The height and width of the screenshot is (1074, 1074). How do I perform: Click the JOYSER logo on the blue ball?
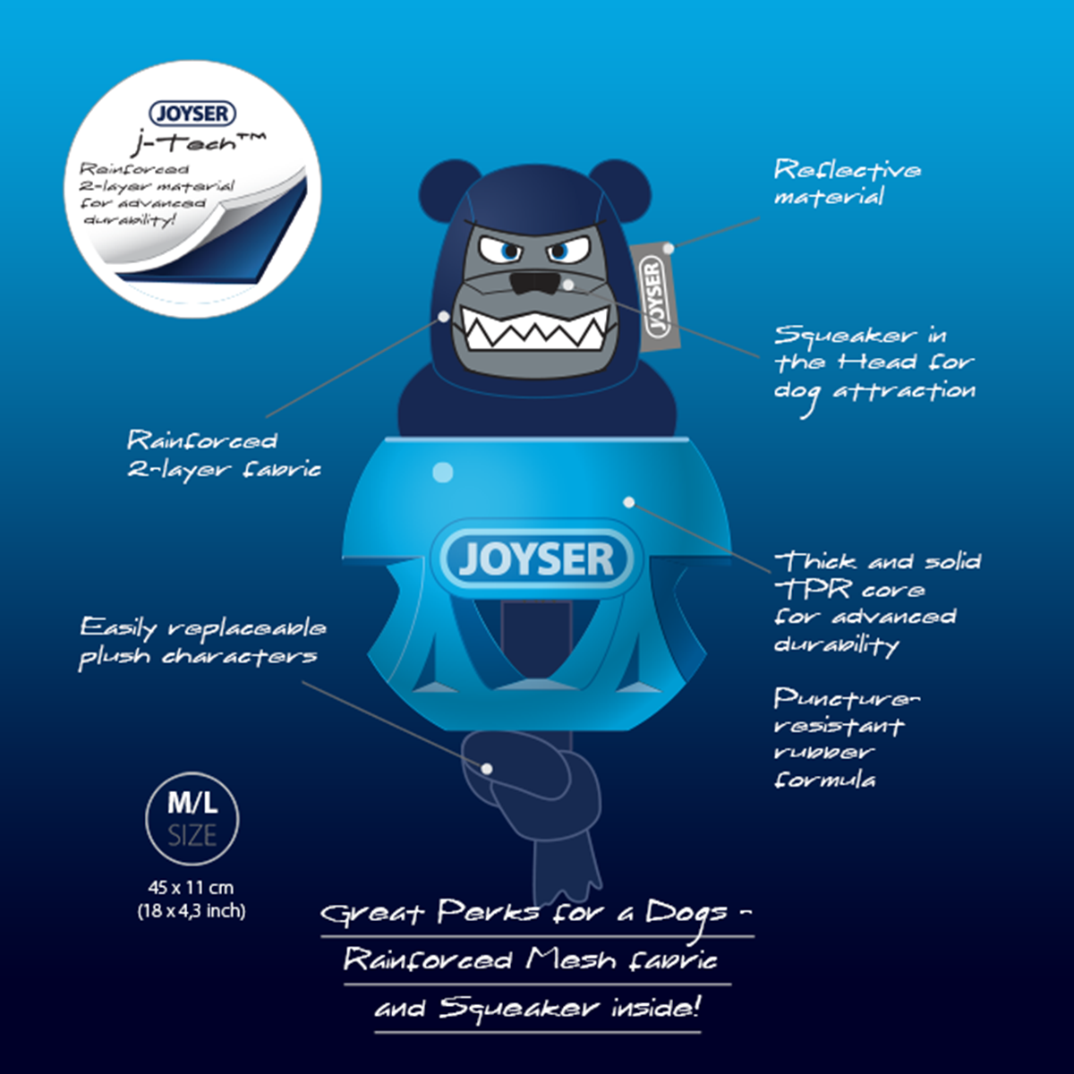pos(537,560)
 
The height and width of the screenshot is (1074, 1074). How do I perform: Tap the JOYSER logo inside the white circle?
pos(192,114)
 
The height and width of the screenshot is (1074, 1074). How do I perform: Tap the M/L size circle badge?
pos(192,820)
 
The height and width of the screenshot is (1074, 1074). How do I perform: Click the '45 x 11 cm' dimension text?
pos(191,888)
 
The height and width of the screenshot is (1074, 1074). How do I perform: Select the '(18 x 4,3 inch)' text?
pos(191,912)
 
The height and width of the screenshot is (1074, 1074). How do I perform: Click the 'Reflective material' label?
pos(846,183)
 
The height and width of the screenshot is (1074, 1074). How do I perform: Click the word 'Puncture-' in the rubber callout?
pos(846,698)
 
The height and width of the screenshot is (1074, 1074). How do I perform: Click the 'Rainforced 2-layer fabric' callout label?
pos(223,454)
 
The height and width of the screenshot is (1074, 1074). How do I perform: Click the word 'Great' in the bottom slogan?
pos(371,913)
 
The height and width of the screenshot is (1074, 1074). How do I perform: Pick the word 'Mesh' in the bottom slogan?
pos(570,960)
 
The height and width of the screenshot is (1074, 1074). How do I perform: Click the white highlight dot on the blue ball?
pos(442,472)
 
